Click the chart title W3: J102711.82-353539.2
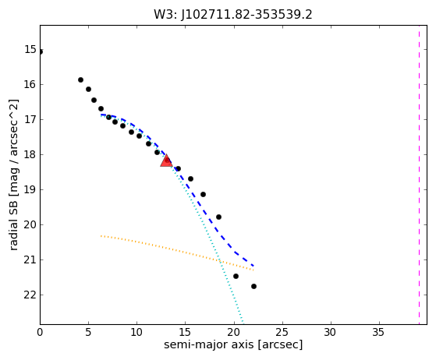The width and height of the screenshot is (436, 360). click(x=233, y=15)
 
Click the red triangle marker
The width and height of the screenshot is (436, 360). click(x=166, y=161)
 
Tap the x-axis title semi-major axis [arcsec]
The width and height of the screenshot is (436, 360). click(x=233, y=344)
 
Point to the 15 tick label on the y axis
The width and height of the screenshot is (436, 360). click(x=30, y=49)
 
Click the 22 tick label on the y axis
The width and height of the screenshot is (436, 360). click(x=30, y=295)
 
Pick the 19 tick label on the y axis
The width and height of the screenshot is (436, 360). click(x=30, y=189)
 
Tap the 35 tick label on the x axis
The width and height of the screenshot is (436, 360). click(x=378, y=332)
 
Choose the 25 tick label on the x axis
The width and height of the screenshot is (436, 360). click(x=282, y=332)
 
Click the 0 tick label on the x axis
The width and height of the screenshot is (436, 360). click(x=40, y=332)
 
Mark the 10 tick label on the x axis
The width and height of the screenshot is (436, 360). click(x=136, y=332)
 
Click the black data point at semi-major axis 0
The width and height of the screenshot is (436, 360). click(x=41, y=51)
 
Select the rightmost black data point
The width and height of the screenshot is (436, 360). click(x=253, y=286)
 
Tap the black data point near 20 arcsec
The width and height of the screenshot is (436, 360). click(x=236, y=276)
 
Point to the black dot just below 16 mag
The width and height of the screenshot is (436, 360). click(x=80, y=79)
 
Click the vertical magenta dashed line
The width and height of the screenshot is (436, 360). click(x=419, y=175)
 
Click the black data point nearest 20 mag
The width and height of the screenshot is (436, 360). click(x=218, y=217)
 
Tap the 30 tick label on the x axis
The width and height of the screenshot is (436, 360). click(x=331, y=332)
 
